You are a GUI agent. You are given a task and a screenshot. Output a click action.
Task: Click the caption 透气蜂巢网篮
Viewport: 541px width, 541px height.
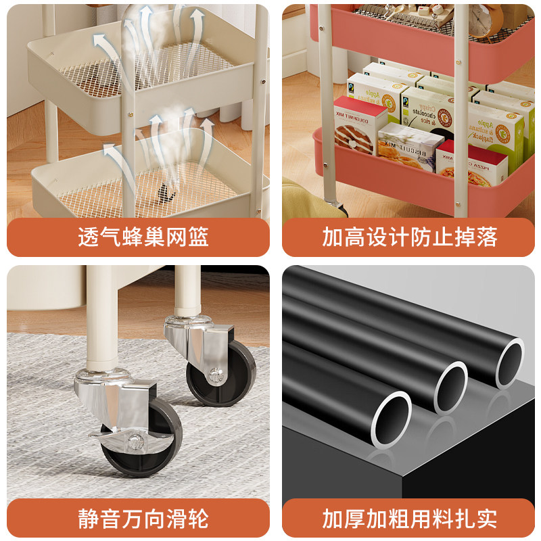pos(143,237)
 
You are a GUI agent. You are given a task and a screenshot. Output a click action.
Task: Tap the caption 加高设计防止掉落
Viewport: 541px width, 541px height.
pos(409,237)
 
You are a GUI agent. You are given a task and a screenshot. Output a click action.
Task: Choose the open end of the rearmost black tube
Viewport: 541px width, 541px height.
pos(510,365)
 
